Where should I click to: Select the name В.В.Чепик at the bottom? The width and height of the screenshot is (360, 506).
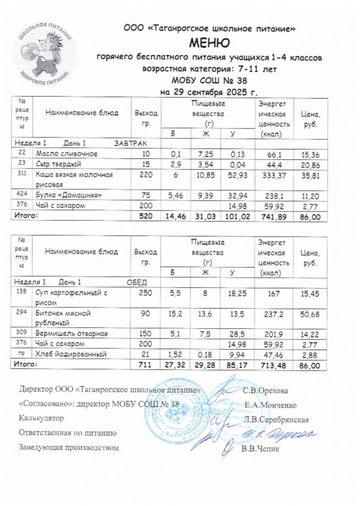click(x=261, y=448)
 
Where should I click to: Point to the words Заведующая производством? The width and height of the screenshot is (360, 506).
click(x=68, y=447)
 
